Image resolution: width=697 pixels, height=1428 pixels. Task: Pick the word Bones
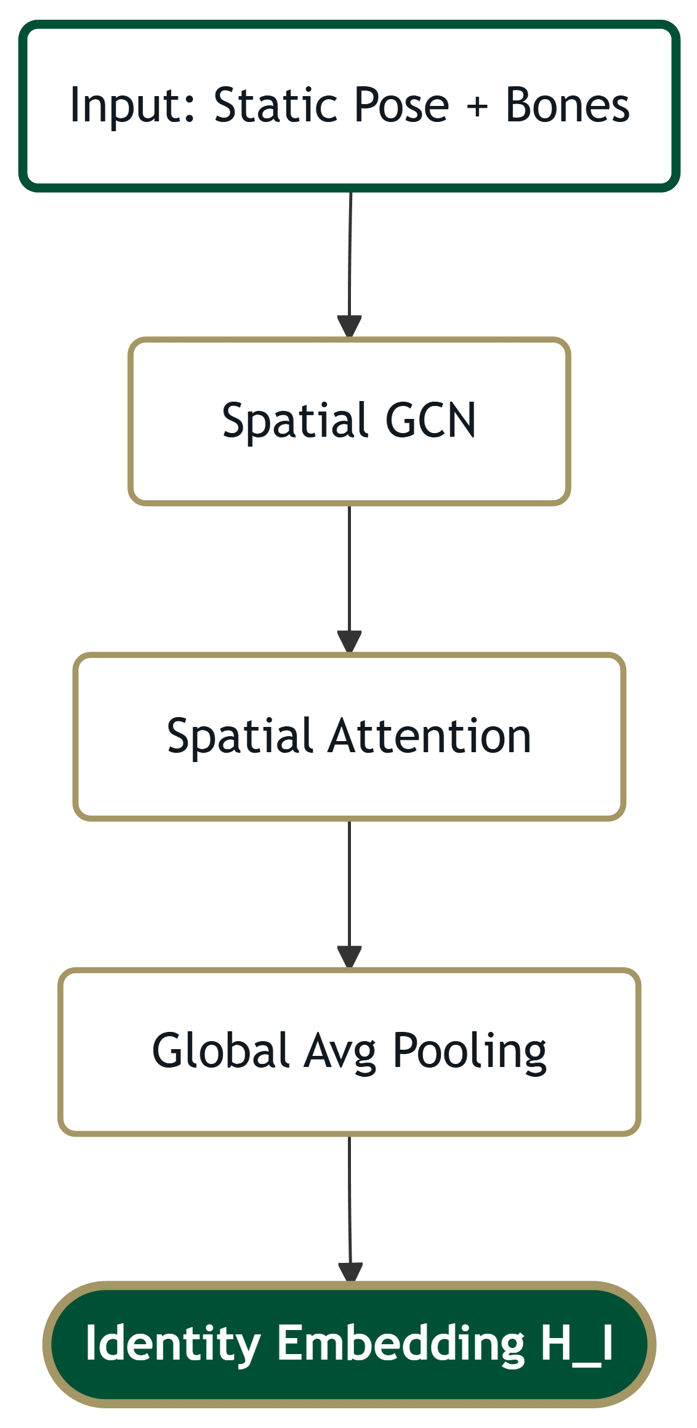tap(567, 105)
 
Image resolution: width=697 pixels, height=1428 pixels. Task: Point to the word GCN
tap(430, 421)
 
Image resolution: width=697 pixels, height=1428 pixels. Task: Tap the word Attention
tap(429, 736)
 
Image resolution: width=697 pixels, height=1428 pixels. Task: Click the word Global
tap(220, 1051)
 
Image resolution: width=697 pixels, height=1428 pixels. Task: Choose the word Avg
tap(340, 1052)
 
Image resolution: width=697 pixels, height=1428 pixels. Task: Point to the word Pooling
tap(469, 1052)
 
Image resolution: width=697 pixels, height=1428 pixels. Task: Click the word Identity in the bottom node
tap(173, 1344)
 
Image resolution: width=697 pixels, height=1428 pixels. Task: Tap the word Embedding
tap(401, 1344)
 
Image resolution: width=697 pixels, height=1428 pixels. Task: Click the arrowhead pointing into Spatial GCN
tap(349, 327)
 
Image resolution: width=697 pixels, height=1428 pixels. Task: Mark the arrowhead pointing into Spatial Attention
tap(349, 642)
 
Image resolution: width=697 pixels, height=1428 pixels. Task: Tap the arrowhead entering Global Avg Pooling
tap(349, 957)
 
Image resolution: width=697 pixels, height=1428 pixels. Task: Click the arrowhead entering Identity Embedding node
tap(350, 1273)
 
